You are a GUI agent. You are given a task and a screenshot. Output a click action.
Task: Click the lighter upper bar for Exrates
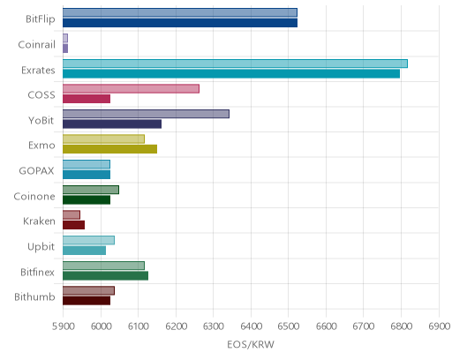pyautogui.click(x=235, y=64)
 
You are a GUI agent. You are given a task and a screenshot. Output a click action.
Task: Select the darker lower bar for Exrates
pyautogui.click(x=231, y=74)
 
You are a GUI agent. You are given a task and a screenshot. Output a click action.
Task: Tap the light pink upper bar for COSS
pyautogui.click(x=131, y=88)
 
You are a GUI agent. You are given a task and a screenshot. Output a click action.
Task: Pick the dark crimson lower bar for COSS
pyautogui.click(x=87, y=99)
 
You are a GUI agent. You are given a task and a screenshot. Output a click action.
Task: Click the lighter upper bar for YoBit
pyautogui.click(x=146, y=114)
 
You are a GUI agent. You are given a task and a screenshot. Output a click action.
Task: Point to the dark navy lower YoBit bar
pyautogui.click(x=112, y=124)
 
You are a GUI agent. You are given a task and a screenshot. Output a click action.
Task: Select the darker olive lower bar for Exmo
pyautogui.click(x=109, y=149)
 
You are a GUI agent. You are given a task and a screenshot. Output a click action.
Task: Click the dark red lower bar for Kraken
pyautogui.click(x=73, y=225)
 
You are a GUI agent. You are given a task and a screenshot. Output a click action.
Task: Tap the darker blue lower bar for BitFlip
pyautogui.click(x=180, y=23)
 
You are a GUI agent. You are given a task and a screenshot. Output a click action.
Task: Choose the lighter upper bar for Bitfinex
pyautogui.click(x=103, y=266)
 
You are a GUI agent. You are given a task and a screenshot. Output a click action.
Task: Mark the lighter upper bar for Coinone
pyautogui.click(x=91, y=190)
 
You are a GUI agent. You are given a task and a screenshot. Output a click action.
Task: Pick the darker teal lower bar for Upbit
pyautogui.click(x=84, y=251)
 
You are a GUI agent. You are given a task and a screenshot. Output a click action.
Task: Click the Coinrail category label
pyautogui.click(x=37, y=45)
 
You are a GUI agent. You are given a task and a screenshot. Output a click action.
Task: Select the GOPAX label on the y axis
pyautogui.click(x=37, y=171)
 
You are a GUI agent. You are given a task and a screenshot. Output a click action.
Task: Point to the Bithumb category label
pyautogui.click(x=34, y=296)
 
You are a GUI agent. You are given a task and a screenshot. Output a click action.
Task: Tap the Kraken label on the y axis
pyautogui.click(x=39, y=221)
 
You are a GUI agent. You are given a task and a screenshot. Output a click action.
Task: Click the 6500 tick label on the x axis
pyautogui.click(x=289, y=326)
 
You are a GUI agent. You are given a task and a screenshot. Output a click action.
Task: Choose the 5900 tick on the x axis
pyautogui.click(x=63, y=326)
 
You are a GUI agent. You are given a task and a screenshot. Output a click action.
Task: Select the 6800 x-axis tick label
pyautogui.click(x=401, y=326)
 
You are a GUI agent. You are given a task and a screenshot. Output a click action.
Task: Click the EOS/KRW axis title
pyautogui.click(x=251, y=344)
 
